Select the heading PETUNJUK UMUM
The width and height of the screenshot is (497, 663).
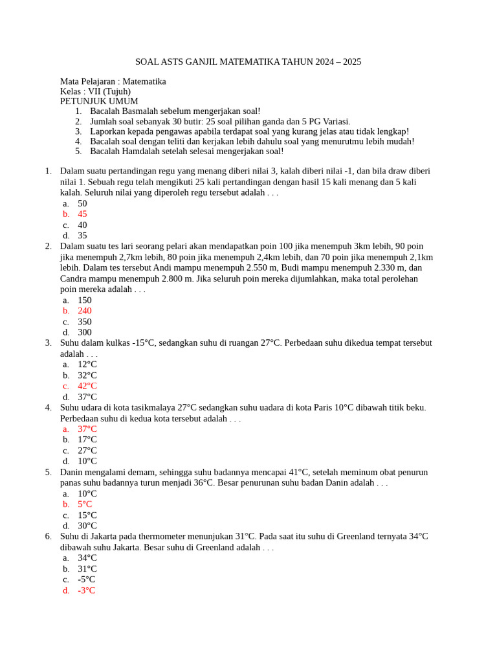99,102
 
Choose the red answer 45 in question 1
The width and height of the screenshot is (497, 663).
82,214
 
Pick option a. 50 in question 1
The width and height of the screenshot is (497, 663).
82,204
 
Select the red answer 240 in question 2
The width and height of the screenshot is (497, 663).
85,311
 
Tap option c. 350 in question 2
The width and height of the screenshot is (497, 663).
85,322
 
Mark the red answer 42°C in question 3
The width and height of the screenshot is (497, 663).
87,387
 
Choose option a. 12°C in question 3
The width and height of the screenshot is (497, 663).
87,365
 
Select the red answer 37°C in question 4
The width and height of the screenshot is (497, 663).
87,429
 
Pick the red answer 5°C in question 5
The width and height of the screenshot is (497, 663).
85,504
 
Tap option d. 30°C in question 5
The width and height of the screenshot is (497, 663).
87,526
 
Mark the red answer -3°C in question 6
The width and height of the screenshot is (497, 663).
87,590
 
